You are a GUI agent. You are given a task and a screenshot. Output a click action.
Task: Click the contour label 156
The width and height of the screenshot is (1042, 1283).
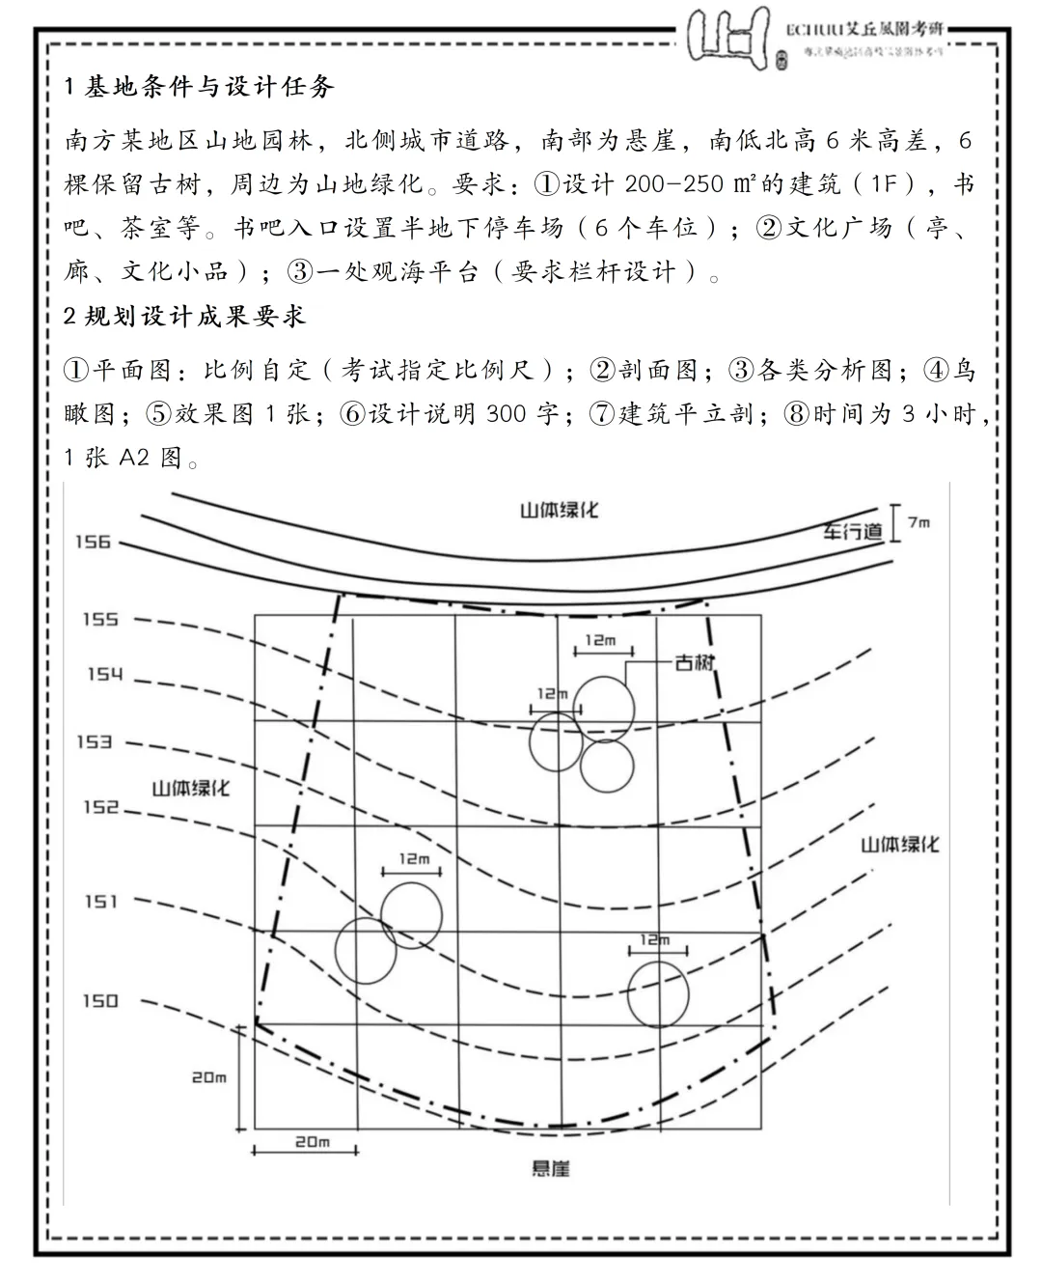(94, 542)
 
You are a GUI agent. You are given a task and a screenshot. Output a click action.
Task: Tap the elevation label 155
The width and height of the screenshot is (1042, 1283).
(99, 619)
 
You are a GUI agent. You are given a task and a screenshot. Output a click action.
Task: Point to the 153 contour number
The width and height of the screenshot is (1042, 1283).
(95, 741)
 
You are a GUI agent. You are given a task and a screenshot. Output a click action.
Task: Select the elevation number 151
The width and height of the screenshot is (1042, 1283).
(100, 901)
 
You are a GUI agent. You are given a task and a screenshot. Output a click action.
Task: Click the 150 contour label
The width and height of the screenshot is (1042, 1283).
(99, 1000)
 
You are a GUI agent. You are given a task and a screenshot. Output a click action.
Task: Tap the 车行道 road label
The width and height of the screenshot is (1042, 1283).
(853, 530)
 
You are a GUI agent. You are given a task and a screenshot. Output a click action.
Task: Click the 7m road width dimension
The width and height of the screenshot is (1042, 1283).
(919, 522)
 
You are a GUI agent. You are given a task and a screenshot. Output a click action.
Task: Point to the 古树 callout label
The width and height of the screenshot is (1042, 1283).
(694, 662)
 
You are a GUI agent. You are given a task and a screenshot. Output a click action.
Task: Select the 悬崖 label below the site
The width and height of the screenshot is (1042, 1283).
(550, 1168)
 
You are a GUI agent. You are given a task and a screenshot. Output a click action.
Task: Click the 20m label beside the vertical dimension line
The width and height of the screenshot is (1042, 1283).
(208, 1076)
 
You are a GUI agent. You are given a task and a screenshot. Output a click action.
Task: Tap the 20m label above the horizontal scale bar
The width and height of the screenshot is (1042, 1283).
(312, 1141)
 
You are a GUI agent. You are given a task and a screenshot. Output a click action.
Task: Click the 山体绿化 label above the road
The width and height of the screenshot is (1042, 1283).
(559, 509)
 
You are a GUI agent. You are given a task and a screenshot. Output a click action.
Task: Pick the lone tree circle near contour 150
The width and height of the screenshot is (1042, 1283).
(658, 994)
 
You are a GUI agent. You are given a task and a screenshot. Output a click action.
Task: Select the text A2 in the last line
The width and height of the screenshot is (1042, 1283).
(134, 458)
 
